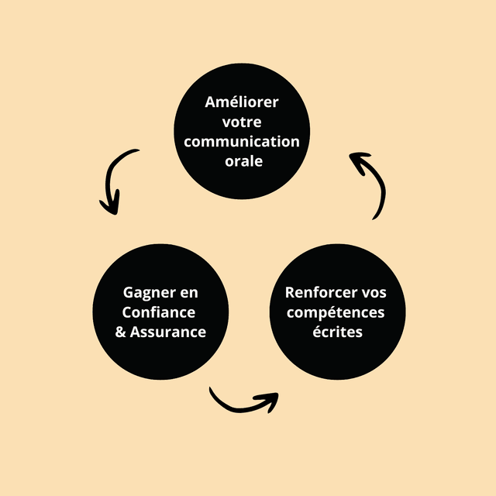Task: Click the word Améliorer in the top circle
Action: (x=242, y=102)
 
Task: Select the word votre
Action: (x=242, y=122)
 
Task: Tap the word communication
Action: (x=242, y=142)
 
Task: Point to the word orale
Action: (x=242, y=161)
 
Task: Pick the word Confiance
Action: (x=159, y=312)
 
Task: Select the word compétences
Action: (x=336, y=312)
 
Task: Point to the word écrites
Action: (x=336, y=332)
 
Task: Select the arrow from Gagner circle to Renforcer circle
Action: (x=240, y=405)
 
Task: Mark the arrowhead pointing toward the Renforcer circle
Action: (x=267, y=401)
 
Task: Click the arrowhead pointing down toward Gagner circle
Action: (x=111, y=205)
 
